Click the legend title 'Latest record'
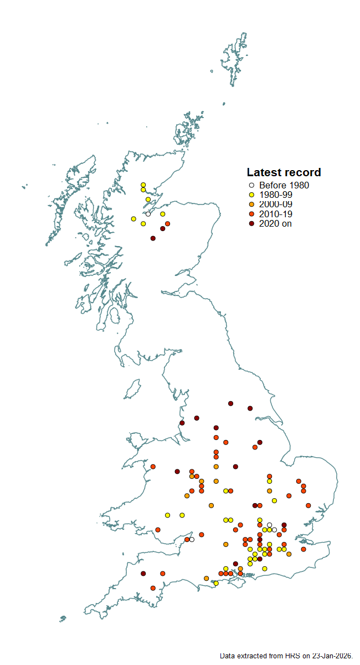(284, 172)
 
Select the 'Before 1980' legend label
(284, 186)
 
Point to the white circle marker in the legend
(251, 186)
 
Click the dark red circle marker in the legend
(251, 223)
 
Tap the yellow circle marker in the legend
(251, 195)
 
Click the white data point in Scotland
(148, 214)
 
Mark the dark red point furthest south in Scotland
(153, 238)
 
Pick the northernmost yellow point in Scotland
(143, 185)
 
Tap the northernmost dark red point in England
(230, 403)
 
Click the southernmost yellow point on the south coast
(216, 583)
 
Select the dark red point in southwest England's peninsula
(143, 574)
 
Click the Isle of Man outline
(132, 390)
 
